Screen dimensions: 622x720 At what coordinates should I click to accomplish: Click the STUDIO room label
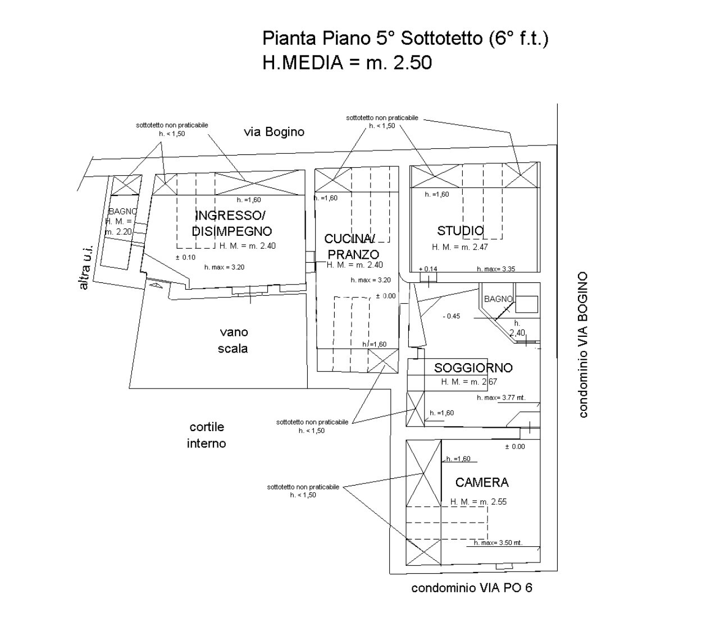460,231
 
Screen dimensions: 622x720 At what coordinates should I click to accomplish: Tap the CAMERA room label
482,482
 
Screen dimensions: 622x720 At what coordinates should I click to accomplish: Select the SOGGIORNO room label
473,368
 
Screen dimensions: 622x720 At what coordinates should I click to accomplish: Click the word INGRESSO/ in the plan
230,216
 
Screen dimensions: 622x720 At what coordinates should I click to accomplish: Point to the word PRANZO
353,254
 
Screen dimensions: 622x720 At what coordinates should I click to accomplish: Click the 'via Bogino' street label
274,132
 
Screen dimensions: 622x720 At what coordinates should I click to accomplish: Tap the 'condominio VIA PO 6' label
472,588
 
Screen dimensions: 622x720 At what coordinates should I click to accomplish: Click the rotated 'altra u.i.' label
85,268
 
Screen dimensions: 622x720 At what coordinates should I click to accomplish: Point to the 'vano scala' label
233,340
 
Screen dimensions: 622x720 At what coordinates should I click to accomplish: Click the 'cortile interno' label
206,435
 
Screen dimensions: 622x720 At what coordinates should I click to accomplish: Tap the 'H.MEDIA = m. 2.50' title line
347,62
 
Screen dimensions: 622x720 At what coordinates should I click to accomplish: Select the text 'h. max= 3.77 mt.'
501,397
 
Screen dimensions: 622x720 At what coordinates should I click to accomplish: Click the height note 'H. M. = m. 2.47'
460,247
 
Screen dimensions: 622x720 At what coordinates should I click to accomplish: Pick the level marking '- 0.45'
451,316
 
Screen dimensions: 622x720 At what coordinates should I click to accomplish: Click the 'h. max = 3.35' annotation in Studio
496,269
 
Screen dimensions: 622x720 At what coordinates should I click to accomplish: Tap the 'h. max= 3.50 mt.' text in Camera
498,543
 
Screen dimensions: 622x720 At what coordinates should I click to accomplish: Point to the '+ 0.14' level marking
428,269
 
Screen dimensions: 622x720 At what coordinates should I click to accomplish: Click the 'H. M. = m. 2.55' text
479,502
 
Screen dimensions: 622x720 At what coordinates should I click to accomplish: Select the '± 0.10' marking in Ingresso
185,257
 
